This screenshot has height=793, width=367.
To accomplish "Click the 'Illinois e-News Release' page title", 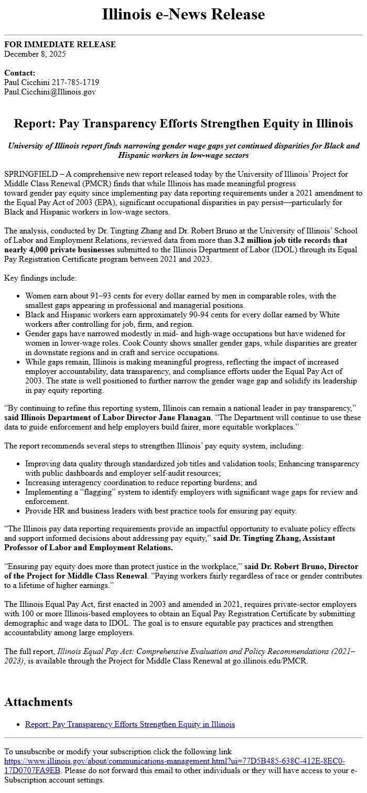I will [x=183, y=14].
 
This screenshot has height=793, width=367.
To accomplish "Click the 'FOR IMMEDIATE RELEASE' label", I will [x=60, y=45].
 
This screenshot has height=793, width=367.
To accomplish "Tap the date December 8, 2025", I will [x=35, y=53].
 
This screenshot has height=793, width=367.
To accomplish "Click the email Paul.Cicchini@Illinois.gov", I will [x=50, y=92].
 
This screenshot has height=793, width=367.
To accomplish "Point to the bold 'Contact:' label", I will [x=19, y=73].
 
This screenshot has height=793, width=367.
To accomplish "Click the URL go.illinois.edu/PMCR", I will [x=270, y=660].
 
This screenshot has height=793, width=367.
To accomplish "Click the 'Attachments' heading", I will [x=38, y=702].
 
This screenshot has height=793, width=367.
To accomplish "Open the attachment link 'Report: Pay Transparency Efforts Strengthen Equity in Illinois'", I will [x=130, y=724].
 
